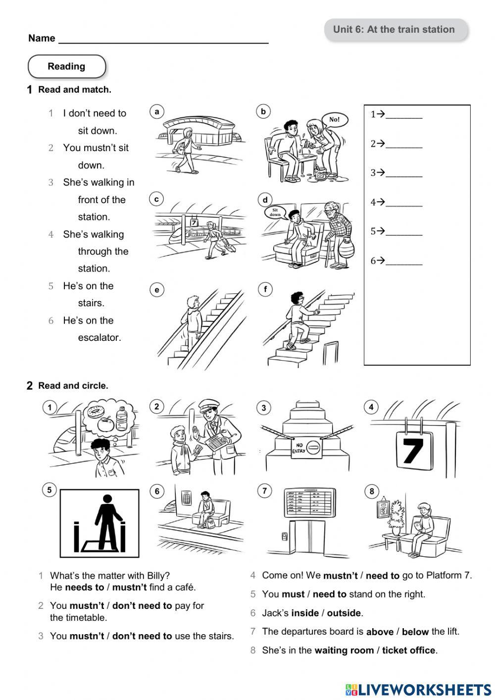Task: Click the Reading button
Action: (x=67, y=66)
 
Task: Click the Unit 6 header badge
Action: (x=395, y=30)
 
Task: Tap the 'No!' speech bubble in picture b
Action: (x=335, y=119)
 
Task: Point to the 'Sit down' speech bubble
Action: (x=275, y=212)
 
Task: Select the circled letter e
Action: (x=157, y=290)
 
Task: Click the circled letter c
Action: (x=156, y=199)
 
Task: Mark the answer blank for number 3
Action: (x=403, y=173)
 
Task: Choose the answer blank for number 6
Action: (x=403, y=261)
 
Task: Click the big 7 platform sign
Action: (x=414, y=450)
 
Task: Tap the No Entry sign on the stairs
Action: (x=306, y=448)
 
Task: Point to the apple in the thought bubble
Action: (x=105, y=424)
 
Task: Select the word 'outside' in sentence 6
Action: (x=344, y=613)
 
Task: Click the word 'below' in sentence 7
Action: (x=415, y=632)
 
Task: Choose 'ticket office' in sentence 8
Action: (x=408, y=650)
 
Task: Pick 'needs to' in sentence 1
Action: (x=84, y=588)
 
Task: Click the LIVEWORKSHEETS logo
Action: (x=418, y=690)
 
